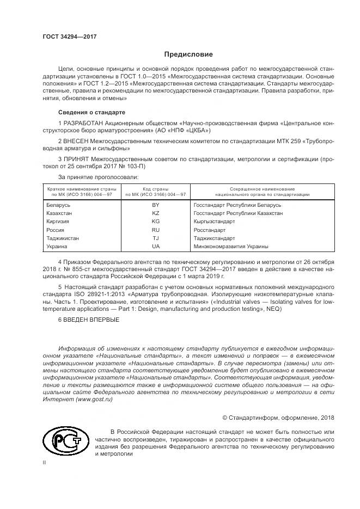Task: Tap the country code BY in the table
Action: (x=156, y=205)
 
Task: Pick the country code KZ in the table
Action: (x=156, y=213)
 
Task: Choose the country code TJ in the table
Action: (x=156, y=238)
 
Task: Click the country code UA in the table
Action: (x=156, y=246)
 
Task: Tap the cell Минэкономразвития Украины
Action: (x=231, y=246)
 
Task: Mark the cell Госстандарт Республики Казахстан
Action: (x=238, y=213)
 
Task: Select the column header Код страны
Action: (x=156, y=188)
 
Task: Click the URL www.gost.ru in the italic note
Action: (x=97, y=399)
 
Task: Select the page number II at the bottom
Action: (x=44, y=463)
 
